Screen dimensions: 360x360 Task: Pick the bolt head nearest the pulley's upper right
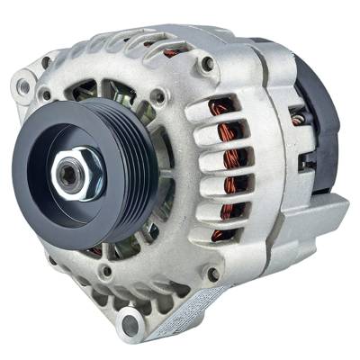pos(158,94)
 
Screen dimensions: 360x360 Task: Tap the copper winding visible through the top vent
pos(171,53)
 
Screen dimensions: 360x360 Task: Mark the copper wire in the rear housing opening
pos(297,117)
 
